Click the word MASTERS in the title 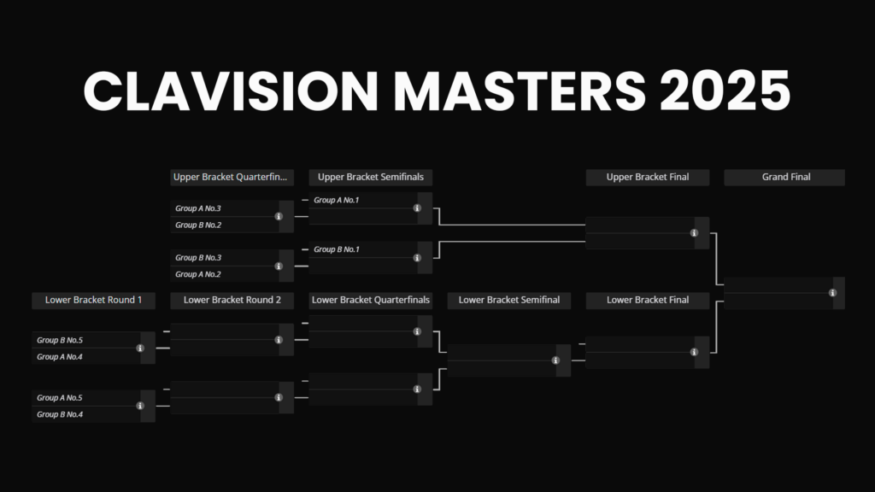[520, 91]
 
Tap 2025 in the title [725, 91]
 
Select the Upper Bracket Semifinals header [371, 177]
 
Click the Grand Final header [784, 177]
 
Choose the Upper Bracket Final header [648, 177]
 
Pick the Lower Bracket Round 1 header [93, 300]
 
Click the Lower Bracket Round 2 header [232, 300]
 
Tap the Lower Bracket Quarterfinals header [371, 300]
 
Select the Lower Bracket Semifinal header [509, 300]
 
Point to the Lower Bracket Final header [648, 300]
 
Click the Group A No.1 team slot [363, 200]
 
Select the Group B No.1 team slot [363, 249]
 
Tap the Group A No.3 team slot [225, 208]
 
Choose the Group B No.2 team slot [225, 225]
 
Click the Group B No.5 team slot [86, 340]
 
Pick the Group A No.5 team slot [86, 398]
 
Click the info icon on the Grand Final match [832, 293]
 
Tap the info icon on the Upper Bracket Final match [694, 233]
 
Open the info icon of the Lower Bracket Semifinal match [555, 360]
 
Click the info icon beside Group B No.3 [279, 266]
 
